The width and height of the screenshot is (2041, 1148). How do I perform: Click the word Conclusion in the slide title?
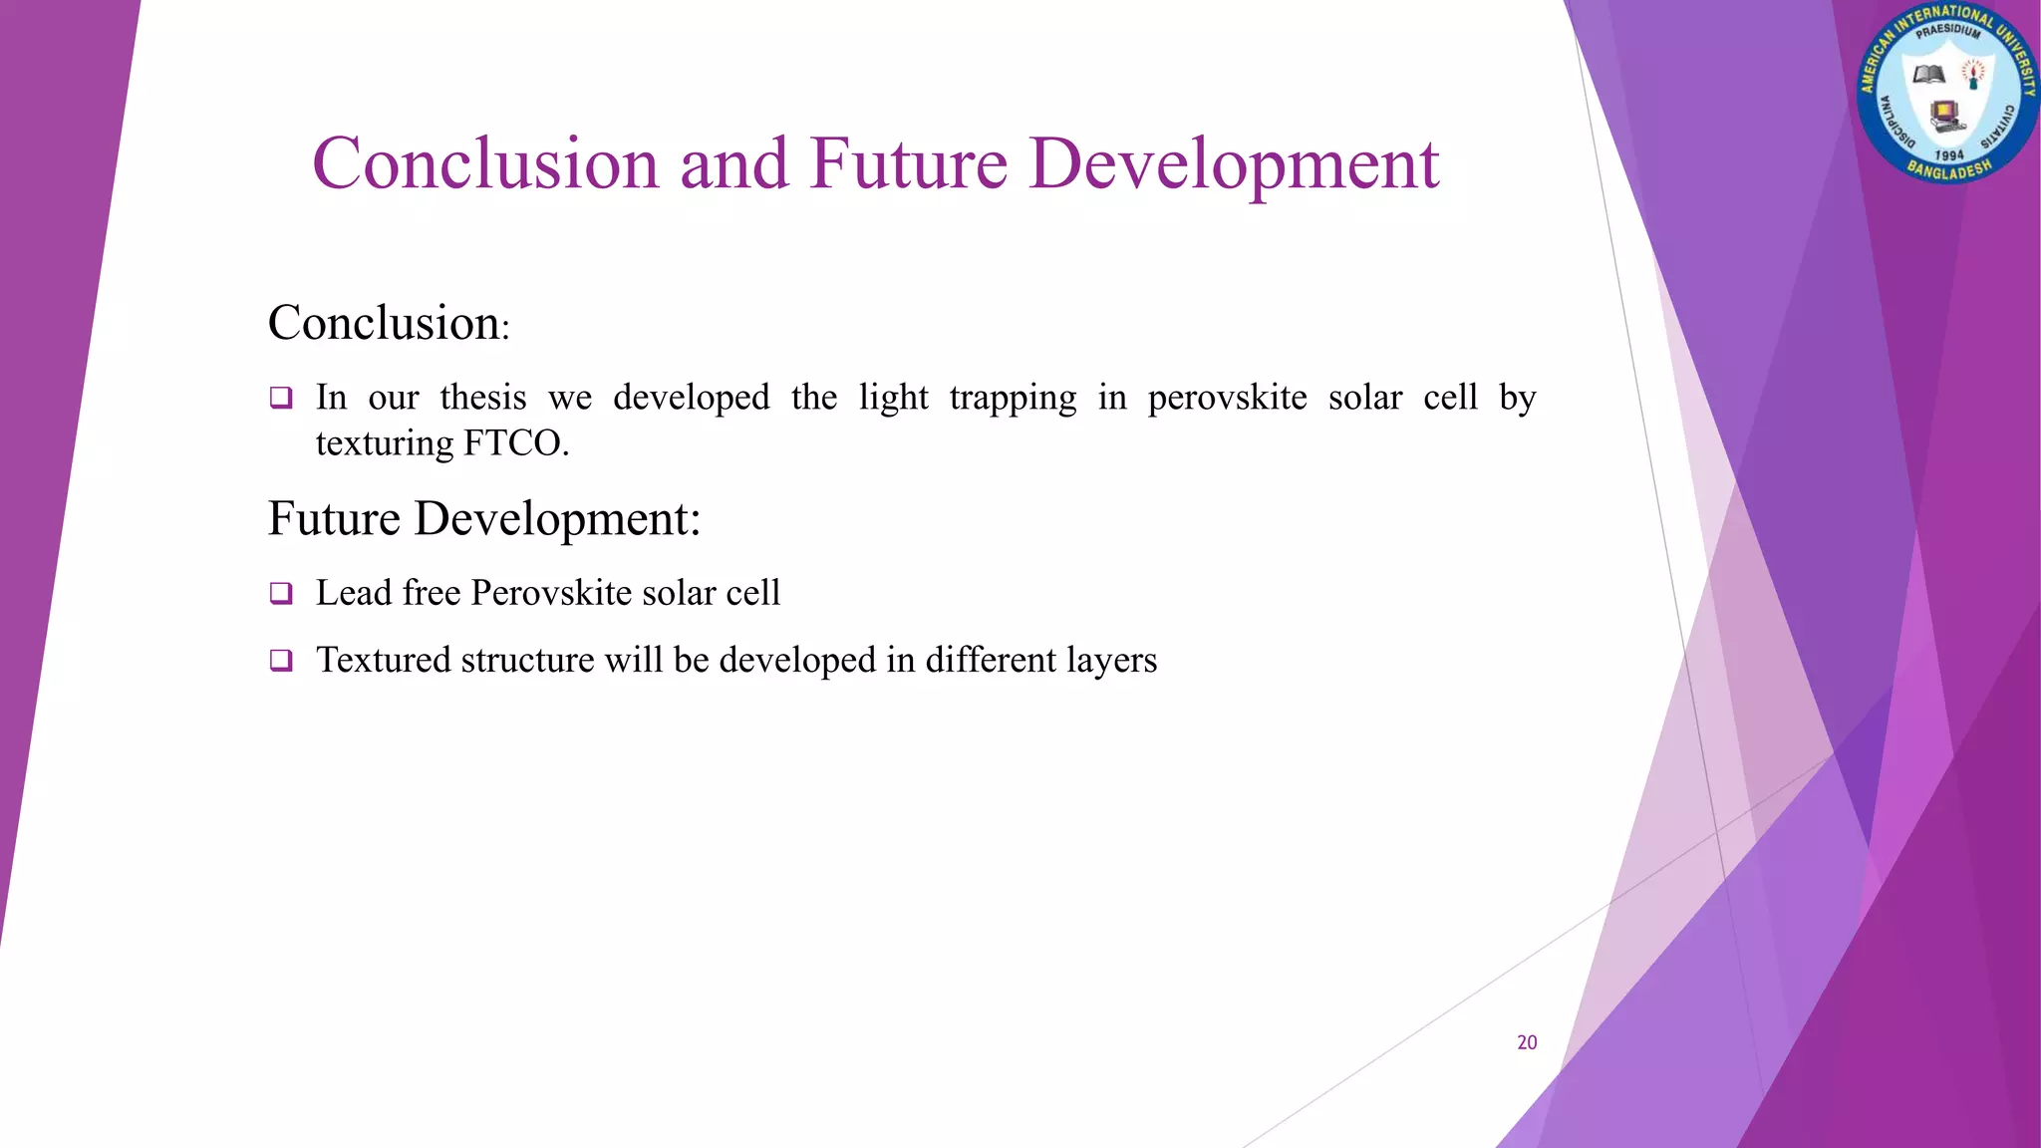pyautogui.click(x=485, y=162)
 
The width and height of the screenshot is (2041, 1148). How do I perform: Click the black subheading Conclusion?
pyautogui.click(x=389, y=323)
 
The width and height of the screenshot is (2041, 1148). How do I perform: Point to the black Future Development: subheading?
pyautogui.click(x=484, y=519)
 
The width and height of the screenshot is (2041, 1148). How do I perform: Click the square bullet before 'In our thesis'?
pyautogui.click(x=281, y=399)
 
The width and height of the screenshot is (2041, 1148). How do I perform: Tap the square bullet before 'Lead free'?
pyautogui.click(x=281, y=594)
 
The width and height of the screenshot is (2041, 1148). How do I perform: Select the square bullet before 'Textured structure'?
pyautogui.click(x=281, y=661)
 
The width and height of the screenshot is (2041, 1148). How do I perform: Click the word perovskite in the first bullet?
pyautogui.click(x=1227, y=399)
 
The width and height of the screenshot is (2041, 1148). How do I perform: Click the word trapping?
pyautogui.click(x=1013, y=399)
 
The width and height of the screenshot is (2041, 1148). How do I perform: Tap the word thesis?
pyautogui.click(x=483, y=398)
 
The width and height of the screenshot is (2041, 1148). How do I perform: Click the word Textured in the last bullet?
pyautogui.click(x=382, y=660)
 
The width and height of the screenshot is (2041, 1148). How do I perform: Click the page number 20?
pyautogui.click(x=1527, y=1042)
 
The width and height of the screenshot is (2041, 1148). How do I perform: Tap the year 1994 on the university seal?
pyautogui.click(x=1948, y=155)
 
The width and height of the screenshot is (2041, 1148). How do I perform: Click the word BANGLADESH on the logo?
pyautogui.click(x=1948, y=170)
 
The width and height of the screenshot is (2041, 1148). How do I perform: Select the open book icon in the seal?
pyautogui.click(x=1929, y=76)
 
